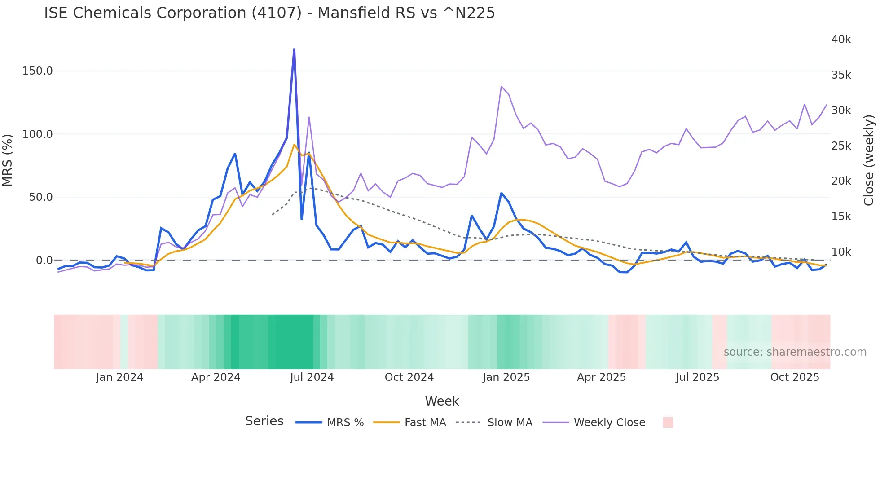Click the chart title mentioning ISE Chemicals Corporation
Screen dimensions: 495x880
coord(269,13)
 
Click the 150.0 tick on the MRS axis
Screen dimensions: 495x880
coord(38,71)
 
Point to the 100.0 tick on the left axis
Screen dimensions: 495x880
coord(38,134)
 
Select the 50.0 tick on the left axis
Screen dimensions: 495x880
coord(41,197)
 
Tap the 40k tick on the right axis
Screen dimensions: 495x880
coord(841,40)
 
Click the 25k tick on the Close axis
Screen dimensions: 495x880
coord(841,146)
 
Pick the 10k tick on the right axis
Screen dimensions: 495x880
coord(841,252)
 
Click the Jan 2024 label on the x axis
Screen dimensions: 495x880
coord(119,377)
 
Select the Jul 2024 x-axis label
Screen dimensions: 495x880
coord(312,377)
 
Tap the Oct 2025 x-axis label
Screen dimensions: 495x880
coord(795,377)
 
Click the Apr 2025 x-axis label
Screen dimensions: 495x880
coord(601,377)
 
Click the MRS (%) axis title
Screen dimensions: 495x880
coord(8,160)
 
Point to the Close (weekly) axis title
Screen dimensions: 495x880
coord(869,160)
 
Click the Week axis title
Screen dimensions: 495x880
coord(442,401)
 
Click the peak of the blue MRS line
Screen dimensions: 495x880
coord(294,49)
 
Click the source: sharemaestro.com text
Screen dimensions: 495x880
coord(795,352)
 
